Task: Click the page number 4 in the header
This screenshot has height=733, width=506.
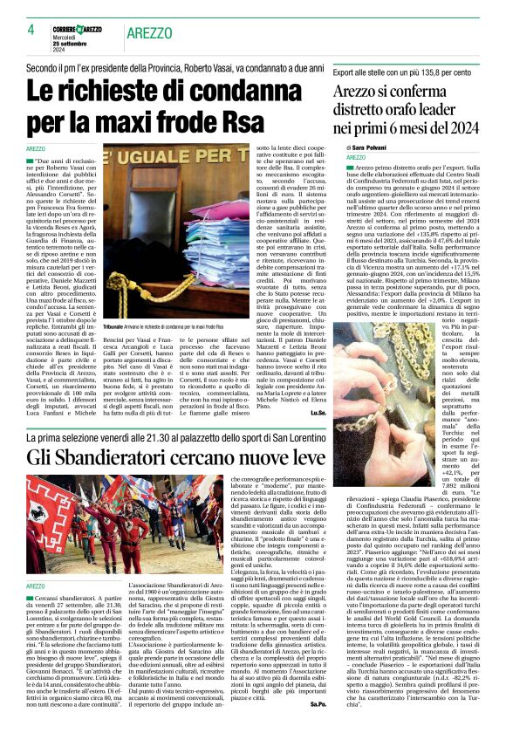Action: [x=31, y=29]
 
